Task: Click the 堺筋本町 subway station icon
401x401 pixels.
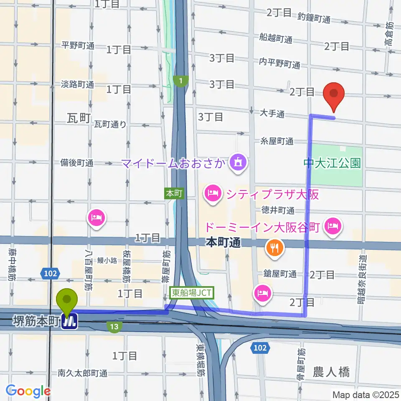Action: tap(70, 321)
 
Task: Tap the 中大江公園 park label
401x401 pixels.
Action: tap(332, 162)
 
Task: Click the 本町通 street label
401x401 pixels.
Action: tap(223, 243)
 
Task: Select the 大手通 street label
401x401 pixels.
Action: tap(272, 113)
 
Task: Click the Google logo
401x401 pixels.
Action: tap(28, 391)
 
